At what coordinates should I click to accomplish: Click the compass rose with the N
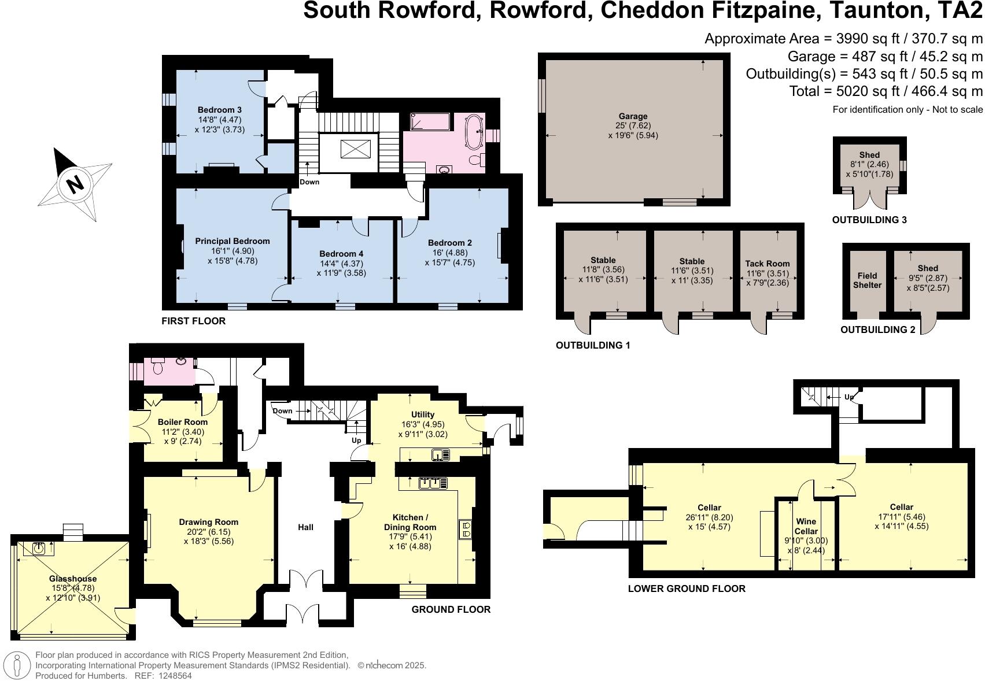point(75,184)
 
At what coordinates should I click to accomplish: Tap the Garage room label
point(633,116)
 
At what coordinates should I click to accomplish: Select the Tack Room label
point(767,264)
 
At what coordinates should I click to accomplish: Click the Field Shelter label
point(867,280)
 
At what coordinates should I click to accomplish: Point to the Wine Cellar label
point(806,526)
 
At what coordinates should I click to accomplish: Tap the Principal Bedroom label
point(232,241)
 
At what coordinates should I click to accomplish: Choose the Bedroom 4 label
point(341,254)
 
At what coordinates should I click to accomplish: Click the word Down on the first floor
point(309,182)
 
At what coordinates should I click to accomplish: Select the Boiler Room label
point(183,422)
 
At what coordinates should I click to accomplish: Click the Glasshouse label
point(73,579)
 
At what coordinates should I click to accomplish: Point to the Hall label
point(305,527)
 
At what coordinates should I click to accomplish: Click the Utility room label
point(423,414)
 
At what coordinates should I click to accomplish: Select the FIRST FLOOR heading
point(194,321)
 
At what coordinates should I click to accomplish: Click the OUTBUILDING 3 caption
point(869,220)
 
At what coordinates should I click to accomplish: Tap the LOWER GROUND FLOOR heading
point(687,589)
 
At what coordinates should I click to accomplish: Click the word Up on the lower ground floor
point(849,397)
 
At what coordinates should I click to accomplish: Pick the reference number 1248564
point(173,675)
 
